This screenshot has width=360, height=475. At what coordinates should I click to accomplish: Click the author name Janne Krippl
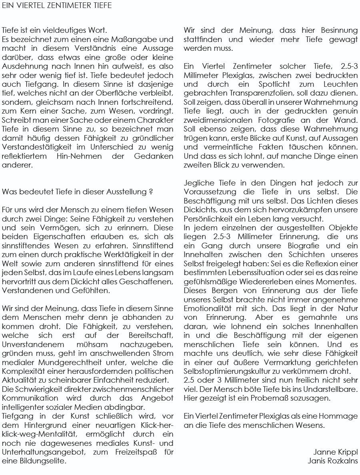(336, 452)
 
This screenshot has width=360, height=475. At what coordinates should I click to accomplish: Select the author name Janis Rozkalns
(333, 460)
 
